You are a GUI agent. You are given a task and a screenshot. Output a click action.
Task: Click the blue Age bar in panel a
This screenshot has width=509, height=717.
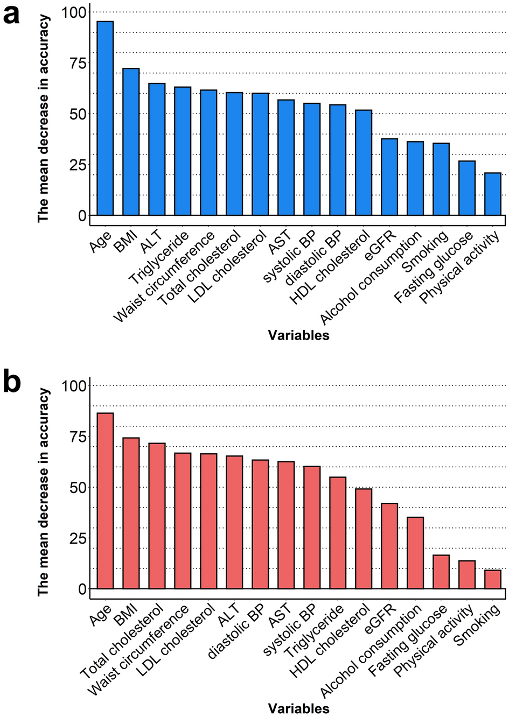[105, 118]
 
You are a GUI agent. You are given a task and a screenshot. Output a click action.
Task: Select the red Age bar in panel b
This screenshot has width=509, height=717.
[105, 501]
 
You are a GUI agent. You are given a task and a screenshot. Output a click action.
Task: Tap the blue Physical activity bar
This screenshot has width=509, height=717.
[493, 194]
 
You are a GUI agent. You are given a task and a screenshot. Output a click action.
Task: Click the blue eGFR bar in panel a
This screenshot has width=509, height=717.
[389, 177]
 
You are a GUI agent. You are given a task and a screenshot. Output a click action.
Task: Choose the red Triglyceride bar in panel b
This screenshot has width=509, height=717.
[338, 533]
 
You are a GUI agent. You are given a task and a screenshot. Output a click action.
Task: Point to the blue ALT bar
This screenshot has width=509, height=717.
[157, 150]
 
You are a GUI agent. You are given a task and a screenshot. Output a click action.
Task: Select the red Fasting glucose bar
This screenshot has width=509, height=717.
[441, 572]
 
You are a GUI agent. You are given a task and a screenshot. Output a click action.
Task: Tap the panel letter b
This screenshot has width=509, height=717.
[11, 382]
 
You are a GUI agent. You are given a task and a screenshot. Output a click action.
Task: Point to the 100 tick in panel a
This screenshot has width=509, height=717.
[74, 12]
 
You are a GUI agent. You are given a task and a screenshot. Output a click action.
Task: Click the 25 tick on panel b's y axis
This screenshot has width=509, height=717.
[78, 538]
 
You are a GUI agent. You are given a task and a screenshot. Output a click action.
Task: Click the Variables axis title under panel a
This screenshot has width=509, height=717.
[298, 335]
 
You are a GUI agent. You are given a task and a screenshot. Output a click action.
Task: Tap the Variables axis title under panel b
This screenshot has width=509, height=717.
[298, 708]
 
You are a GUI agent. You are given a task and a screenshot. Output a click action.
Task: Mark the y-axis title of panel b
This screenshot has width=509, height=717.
[43, 493]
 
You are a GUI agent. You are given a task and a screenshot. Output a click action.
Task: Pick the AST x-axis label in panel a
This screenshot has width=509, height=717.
[280, 242]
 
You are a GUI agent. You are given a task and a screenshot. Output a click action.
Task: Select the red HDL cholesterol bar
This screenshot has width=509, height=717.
[364, 539]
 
